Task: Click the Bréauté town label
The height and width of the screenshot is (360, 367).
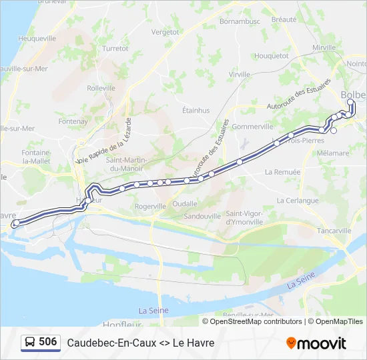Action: (x=284, y=20)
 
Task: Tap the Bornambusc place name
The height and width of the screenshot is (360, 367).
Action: (x=239, y=22)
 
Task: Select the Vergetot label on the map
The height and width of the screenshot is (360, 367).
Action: (x=165, y=32)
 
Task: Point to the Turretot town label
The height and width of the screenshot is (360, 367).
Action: (x=115, y=49)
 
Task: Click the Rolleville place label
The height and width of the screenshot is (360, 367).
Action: (x=101, y=87)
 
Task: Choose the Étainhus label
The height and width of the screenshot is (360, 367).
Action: (x=196, y=111)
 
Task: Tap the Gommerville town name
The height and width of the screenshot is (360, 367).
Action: (x=254, y=127)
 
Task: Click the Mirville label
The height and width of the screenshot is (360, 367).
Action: (x=324, y=48)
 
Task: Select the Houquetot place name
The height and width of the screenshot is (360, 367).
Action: (x=272, y=56)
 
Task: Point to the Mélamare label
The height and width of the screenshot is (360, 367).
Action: (x=333, y=153)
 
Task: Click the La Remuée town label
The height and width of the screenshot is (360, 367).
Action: (x=282, y=172)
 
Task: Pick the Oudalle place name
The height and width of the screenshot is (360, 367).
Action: (x=185, y=204)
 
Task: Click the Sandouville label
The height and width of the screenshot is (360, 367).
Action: (x=202, y=217)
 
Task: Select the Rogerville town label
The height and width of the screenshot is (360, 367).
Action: (x=150, y=207)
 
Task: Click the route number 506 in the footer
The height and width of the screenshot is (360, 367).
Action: (x=48, y=342)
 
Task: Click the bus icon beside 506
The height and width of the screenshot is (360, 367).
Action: (x=30, y=343)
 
